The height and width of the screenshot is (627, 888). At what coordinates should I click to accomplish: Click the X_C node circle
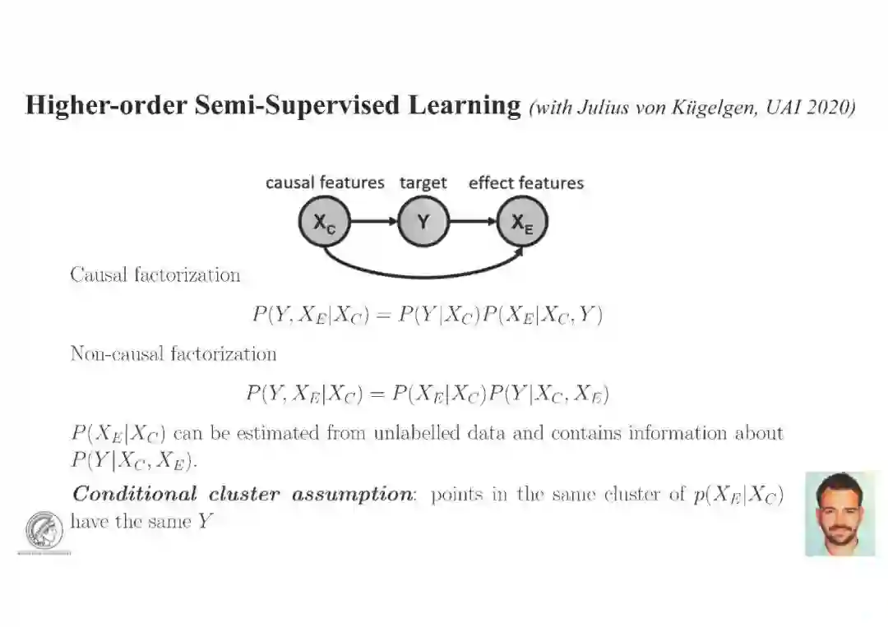324,222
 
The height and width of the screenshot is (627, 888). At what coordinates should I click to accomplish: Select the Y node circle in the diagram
423,222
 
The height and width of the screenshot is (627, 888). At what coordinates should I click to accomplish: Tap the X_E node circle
522,222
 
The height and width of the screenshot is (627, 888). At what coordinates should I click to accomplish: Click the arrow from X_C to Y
374,222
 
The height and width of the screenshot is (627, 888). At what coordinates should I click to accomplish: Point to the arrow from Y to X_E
473,222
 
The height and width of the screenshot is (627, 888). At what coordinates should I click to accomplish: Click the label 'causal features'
325,182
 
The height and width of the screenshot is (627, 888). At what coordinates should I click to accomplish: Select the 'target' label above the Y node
423,182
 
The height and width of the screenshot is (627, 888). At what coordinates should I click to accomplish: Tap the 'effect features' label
525,182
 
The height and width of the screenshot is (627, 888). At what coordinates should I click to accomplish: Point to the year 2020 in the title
828,107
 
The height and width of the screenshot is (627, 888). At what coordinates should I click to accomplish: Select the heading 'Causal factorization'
155,274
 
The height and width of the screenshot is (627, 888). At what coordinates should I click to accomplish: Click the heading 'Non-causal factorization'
173,354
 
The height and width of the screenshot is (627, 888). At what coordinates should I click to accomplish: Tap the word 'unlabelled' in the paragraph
416,433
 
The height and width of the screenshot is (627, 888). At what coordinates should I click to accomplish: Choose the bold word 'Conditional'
135,495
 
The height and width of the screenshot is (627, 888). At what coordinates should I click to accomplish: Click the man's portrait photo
839,514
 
